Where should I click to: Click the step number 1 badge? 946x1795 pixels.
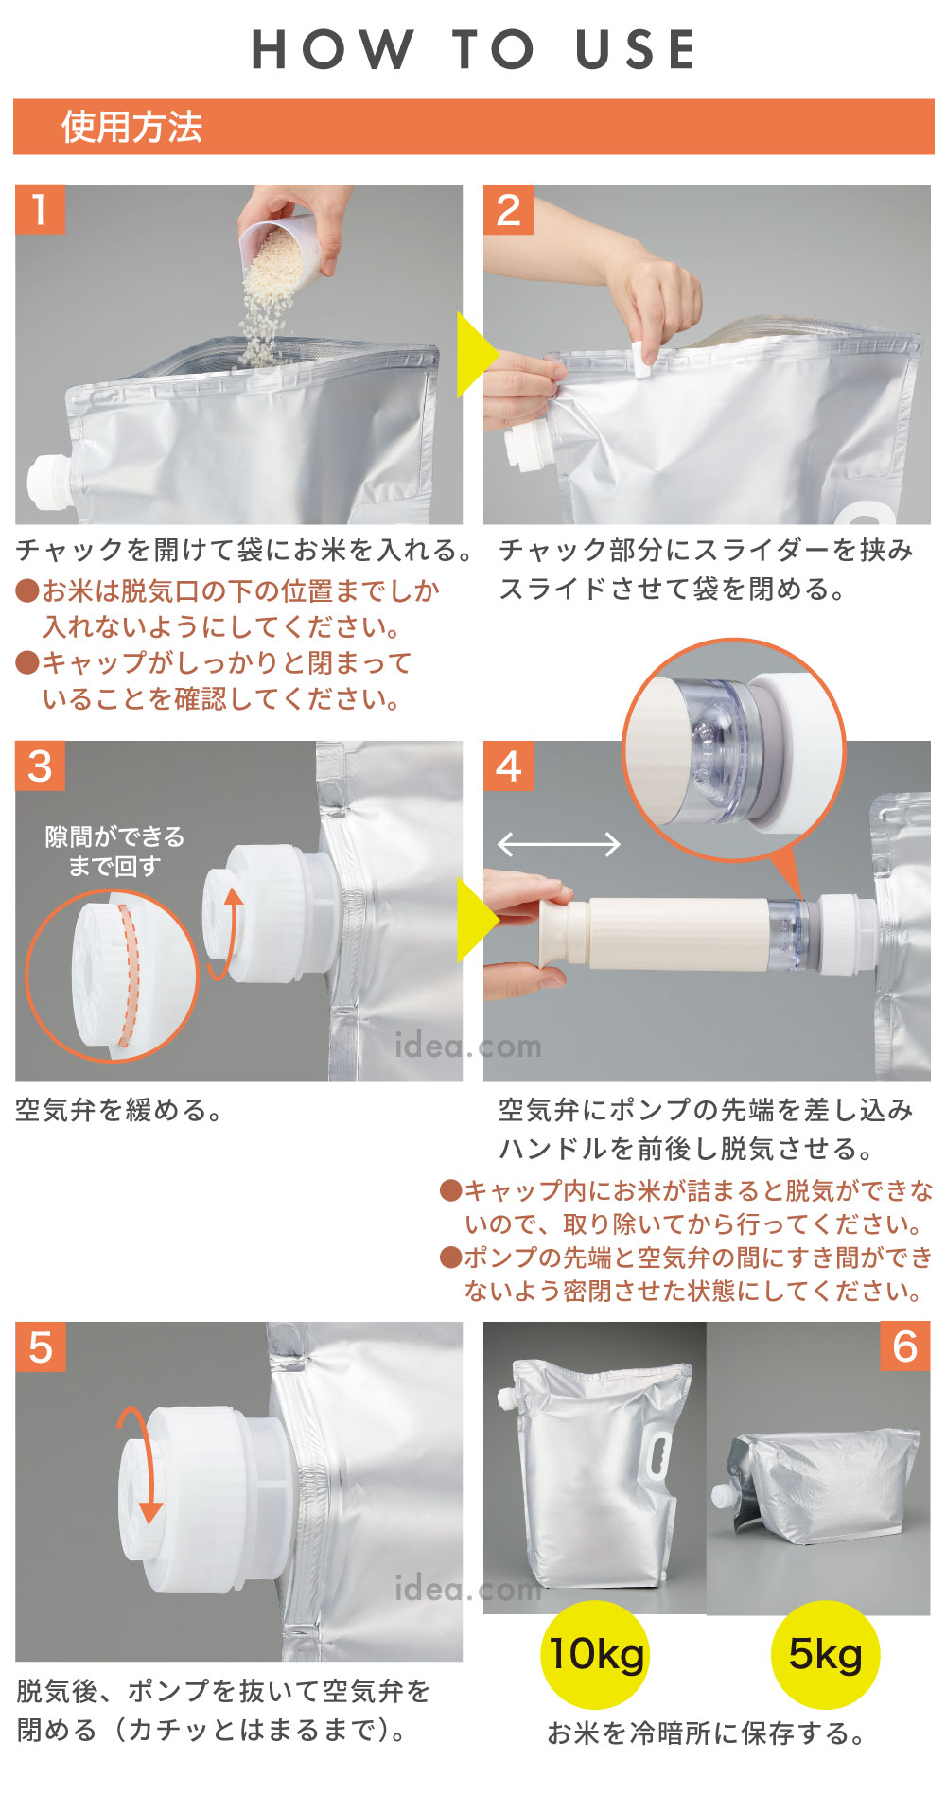point(40,209)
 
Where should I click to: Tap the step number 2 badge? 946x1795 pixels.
point(508,209)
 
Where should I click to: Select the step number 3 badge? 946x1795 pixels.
point(40,766)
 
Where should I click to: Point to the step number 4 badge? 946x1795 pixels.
point(508,766)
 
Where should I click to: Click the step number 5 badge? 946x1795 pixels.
point(40,1346)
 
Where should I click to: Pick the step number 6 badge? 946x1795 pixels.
point(905,1346)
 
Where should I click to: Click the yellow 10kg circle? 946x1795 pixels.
point(596,1654)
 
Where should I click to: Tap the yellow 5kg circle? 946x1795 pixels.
point(825,1654)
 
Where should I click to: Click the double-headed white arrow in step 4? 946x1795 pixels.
point(558,844)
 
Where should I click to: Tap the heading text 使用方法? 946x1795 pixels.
point(131,127)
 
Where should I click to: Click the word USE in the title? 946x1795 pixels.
point(636,49)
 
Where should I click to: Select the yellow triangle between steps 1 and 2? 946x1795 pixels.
point(475,354)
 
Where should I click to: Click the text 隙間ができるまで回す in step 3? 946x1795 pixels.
point(114,851)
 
